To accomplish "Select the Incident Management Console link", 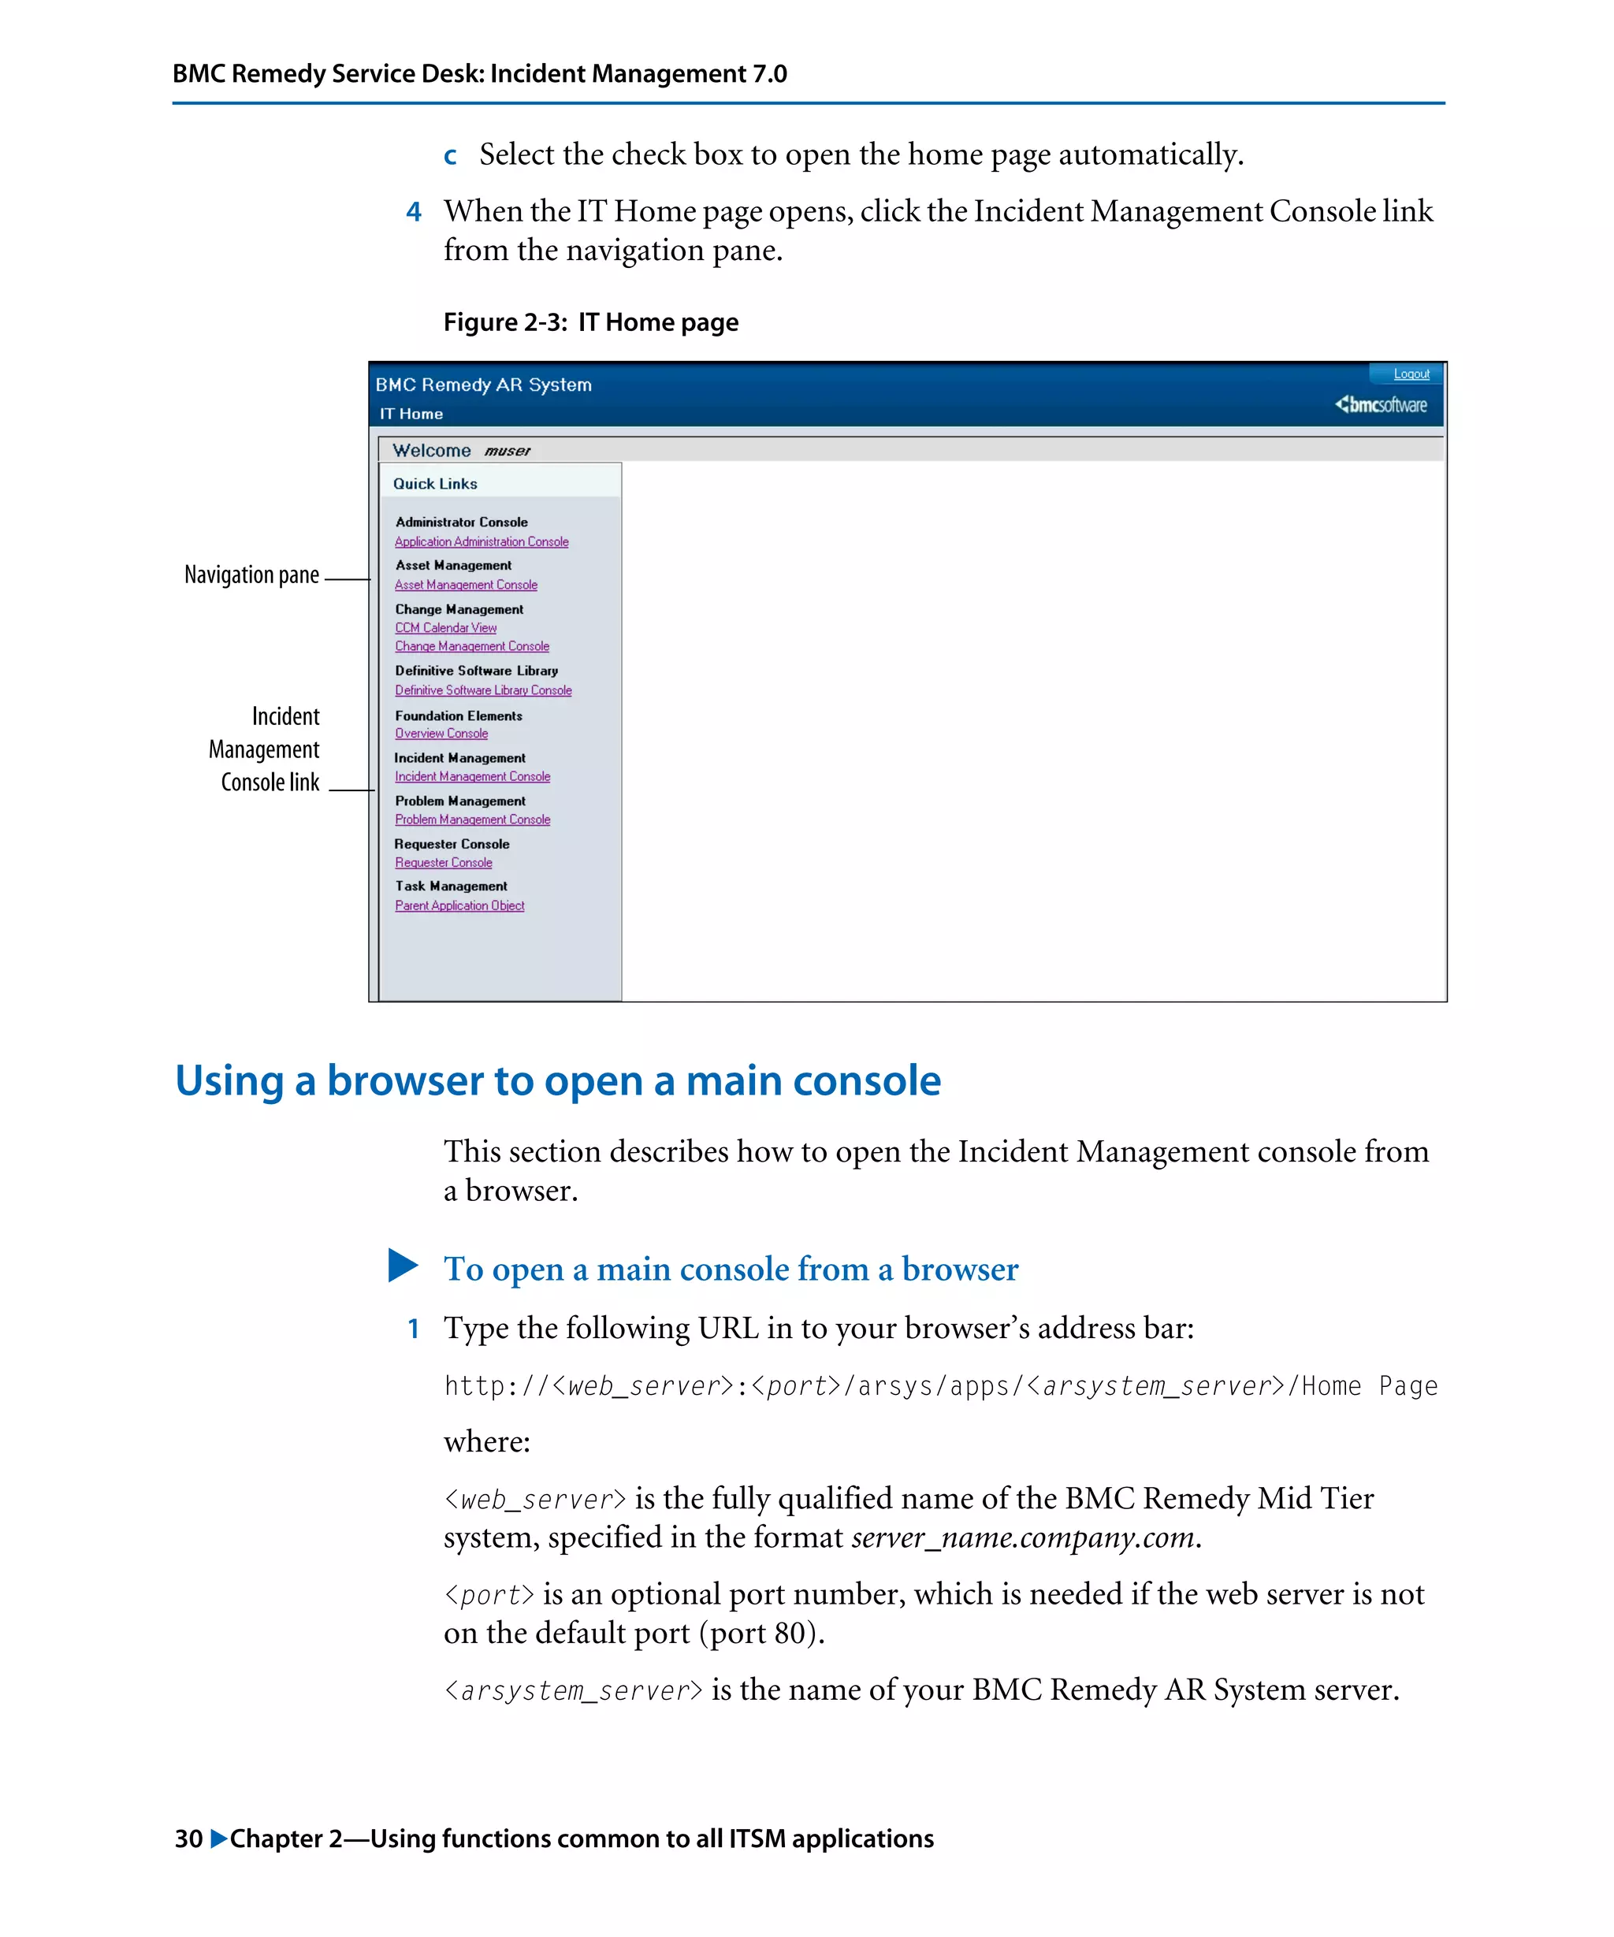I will click(472, 777).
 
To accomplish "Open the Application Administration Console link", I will click(482, 542).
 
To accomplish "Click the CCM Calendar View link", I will click(445, 628).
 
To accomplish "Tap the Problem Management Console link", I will click(472, 820).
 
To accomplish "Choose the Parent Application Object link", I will click(459, 905).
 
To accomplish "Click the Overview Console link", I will click(441, 734).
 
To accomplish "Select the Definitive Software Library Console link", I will click(483, 691).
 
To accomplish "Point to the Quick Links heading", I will click(434, 483).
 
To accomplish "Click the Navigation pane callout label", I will click(251, 575).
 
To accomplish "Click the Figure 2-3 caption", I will click(590, 322).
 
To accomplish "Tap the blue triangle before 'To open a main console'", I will click(403, 1266).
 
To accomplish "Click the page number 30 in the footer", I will click(188, 1838).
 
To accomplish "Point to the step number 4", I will click(413, 212).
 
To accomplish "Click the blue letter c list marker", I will click(450, 156).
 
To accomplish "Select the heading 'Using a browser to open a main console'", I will click(558, 1080).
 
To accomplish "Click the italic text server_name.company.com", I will click(1022, 1537).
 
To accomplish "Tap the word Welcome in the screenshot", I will click(432, 450).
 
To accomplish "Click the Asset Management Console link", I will click(466, 586).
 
